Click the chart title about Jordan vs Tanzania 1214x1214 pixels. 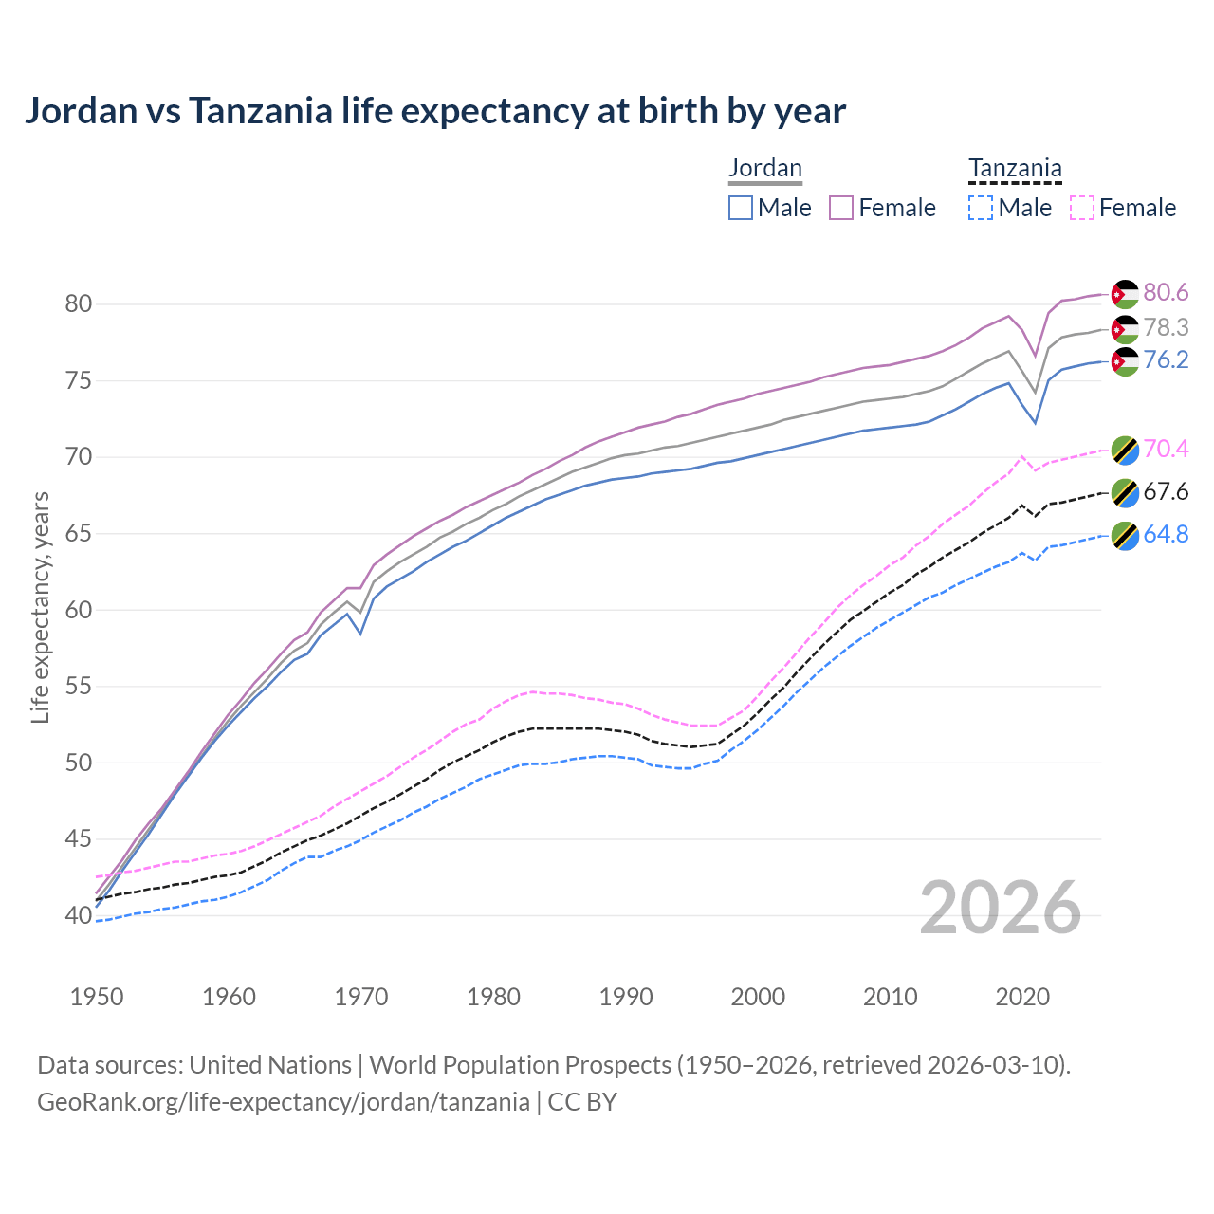434,111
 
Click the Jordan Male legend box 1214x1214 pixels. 741,208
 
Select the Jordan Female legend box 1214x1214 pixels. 841,208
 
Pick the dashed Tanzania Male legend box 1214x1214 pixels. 981,208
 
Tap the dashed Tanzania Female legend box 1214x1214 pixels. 1082,208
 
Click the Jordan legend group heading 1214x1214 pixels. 764,168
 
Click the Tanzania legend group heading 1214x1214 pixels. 1014,168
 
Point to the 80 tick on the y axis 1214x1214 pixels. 78,304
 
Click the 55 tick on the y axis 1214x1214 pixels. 78,686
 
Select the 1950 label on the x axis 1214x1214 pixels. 97,997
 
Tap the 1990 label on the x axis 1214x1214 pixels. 626,997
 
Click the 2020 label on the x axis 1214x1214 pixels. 1022,997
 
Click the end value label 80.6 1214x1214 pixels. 1166,293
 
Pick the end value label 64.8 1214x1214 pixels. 1166,534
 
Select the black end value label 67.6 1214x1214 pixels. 1166,491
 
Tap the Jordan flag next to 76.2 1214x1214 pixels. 1125,361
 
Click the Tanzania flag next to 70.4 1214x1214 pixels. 1125,450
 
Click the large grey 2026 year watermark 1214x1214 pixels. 1000,908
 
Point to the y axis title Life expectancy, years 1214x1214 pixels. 41,607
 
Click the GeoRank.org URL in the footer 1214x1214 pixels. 283,1102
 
